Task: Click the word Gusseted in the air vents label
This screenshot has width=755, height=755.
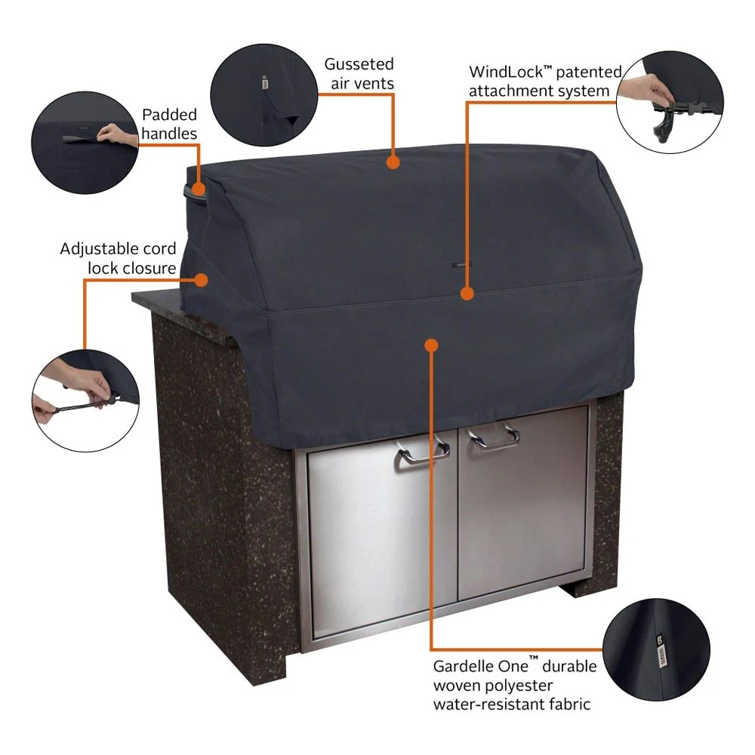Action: [359, 64]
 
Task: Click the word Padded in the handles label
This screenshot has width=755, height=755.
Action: [169, 115]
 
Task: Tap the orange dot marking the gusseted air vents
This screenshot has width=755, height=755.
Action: [392, 161]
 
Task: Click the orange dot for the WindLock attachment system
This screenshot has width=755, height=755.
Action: [467, 292]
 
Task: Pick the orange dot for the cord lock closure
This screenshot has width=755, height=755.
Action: [201, 279]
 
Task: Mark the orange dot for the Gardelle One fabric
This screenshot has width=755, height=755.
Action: [431, 345]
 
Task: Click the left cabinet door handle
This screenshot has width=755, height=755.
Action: [423, 452]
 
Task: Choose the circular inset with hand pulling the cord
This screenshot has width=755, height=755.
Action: [85, 399]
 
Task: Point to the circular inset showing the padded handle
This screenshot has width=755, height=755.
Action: [85, 143]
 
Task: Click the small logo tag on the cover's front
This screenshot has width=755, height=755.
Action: [458, 265]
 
